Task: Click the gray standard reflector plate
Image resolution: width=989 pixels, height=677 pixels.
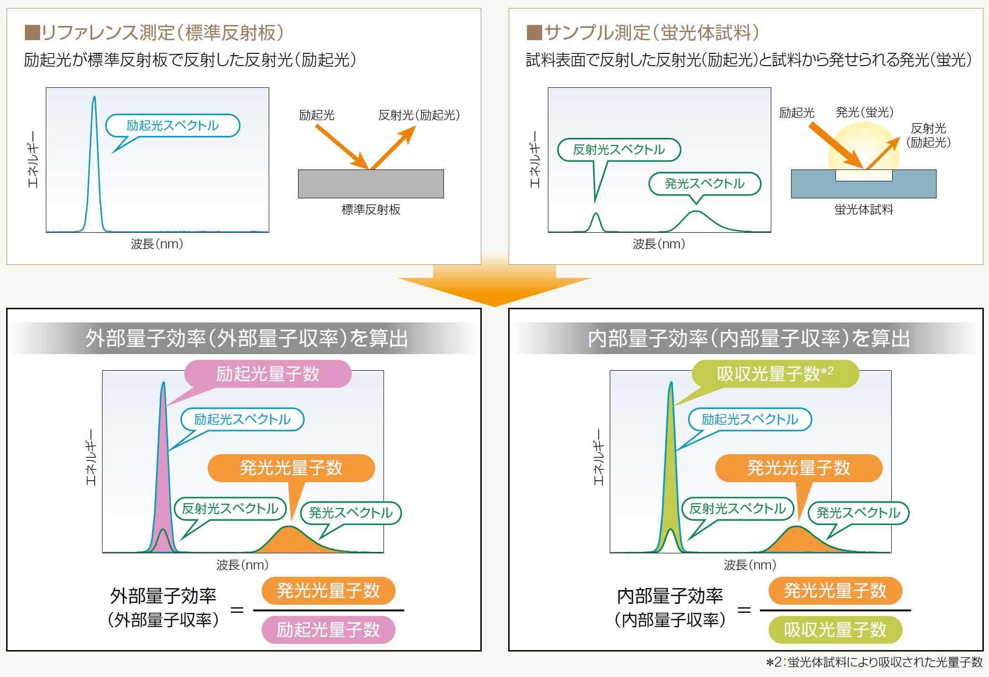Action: point(371,184)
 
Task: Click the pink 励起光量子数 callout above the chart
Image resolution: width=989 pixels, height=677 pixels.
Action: point(268,374)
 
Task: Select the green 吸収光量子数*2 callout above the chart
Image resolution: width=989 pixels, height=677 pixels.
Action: point(775,374)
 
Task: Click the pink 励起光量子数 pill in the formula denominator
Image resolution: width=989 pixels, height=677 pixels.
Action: point(328,630)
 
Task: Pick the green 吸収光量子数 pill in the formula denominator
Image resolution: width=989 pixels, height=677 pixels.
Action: point(835,630)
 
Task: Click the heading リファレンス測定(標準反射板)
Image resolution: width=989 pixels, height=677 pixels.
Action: point(154,33)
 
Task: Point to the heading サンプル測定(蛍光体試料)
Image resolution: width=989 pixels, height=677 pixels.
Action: point(643,33)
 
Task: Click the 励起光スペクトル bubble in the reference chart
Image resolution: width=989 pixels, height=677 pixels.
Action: point(172,126)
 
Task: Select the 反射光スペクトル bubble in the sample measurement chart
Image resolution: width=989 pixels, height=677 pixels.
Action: point(619,150)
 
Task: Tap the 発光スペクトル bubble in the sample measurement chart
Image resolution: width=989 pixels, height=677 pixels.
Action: point(704,184)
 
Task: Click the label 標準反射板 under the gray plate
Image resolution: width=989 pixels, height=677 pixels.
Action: point(371,210)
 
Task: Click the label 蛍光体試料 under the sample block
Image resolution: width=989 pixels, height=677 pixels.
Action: point(863,210)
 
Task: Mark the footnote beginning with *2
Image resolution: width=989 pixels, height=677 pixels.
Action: point(874,662)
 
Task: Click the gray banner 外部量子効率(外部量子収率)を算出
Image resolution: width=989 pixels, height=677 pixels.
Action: point(246,338)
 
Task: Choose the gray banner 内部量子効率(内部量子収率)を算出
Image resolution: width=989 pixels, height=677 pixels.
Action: point(749,338)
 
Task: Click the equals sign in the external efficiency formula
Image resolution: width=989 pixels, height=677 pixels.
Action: point(237,610)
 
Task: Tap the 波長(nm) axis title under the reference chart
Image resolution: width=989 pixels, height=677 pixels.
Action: point(157,244)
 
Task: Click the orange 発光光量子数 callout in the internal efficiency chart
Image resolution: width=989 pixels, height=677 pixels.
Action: point(799,468)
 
